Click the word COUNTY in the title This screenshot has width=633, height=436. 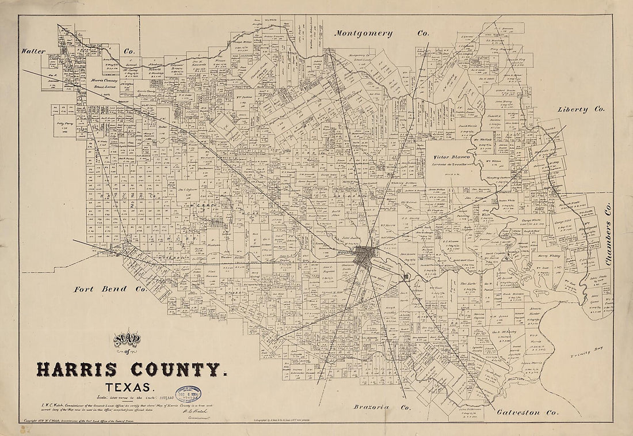point(175,369)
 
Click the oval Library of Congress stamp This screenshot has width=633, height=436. point(188,395)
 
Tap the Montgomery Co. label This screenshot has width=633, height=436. point(382,33)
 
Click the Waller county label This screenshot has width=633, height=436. point(34,51)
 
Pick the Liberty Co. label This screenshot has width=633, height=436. point(581,109)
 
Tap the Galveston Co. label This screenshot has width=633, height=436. point(526,412)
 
